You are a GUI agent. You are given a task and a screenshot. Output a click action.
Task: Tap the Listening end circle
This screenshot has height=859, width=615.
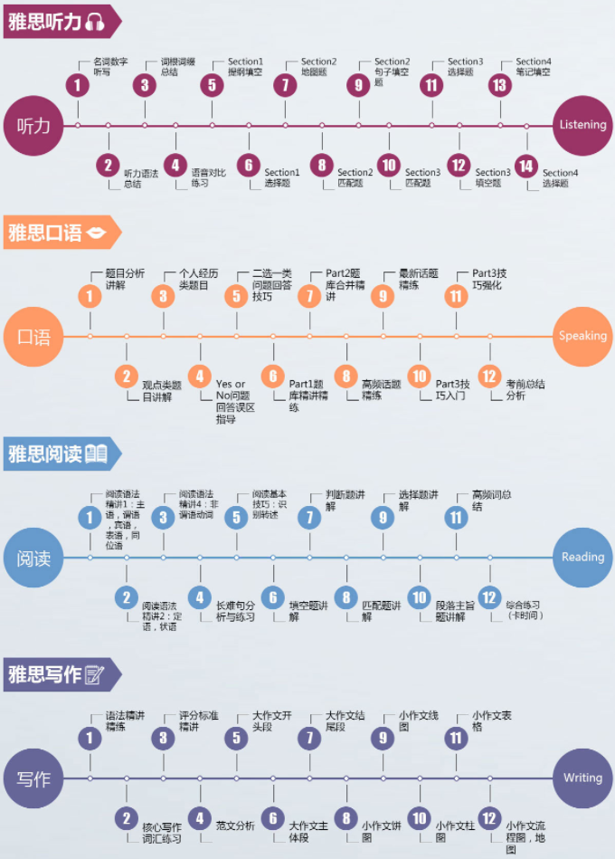pos(582,125)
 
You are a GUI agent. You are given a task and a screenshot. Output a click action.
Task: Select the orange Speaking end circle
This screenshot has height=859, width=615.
pos(582,336)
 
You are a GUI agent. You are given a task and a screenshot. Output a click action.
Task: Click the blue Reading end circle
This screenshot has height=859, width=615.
pos(582,558)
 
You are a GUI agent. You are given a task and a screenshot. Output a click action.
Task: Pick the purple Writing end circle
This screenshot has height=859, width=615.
pos(582,778)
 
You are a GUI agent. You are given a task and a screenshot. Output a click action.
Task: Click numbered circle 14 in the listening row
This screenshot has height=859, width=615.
pos(526,166)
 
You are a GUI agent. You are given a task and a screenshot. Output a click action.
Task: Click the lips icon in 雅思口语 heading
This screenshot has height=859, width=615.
pos(96,234)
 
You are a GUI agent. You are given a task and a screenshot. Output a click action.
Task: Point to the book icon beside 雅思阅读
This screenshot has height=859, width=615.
pos(96,453)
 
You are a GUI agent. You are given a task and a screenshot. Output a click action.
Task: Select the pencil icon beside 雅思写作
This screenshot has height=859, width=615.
pos(94,674)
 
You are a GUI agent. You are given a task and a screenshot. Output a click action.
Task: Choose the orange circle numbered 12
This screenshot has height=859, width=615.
pos(489,377)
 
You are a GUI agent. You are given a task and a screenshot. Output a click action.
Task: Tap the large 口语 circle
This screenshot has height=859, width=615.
pos(33,337)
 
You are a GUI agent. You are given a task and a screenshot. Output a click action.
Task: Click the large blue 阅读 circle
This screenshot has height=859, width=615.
pos(33,558)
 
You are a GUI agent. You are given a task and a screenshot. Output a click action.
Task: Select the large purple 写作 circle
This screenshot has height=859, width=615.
pos(33,778)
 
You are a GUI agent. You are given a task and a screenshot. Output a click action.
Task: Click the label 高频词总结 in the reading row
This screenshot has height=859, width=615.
pos(491,501)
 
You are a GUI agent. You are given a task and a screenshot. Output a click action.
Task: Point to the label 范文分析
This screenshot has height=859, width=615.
pos(235,826)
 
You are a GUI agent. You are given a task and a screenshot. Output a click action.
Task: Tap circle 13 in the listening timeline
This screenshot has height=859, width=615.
pos(498,85)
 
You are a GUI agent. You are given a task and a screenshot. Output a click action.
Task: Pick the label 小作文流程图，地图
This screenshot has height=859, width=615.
pos(524,836)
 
